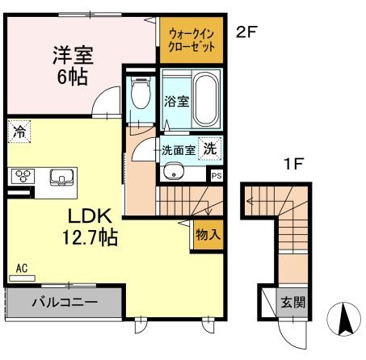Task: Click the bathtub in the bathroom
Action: click(x=205, y=100)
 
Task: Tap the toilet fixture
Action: click(x=141, y=95)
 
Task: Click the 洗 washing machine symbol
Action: click(x=209, y=149)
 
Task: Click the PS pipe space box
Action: click(x=216, y=174)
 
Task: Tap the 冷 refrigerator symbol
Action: click(x=18, y=131)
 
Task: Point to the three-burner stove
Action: click(x=22, y=176)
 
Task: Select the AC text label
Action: click(x=21, y=268)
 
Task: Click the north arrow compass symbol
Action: click(x=343, y=320)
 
